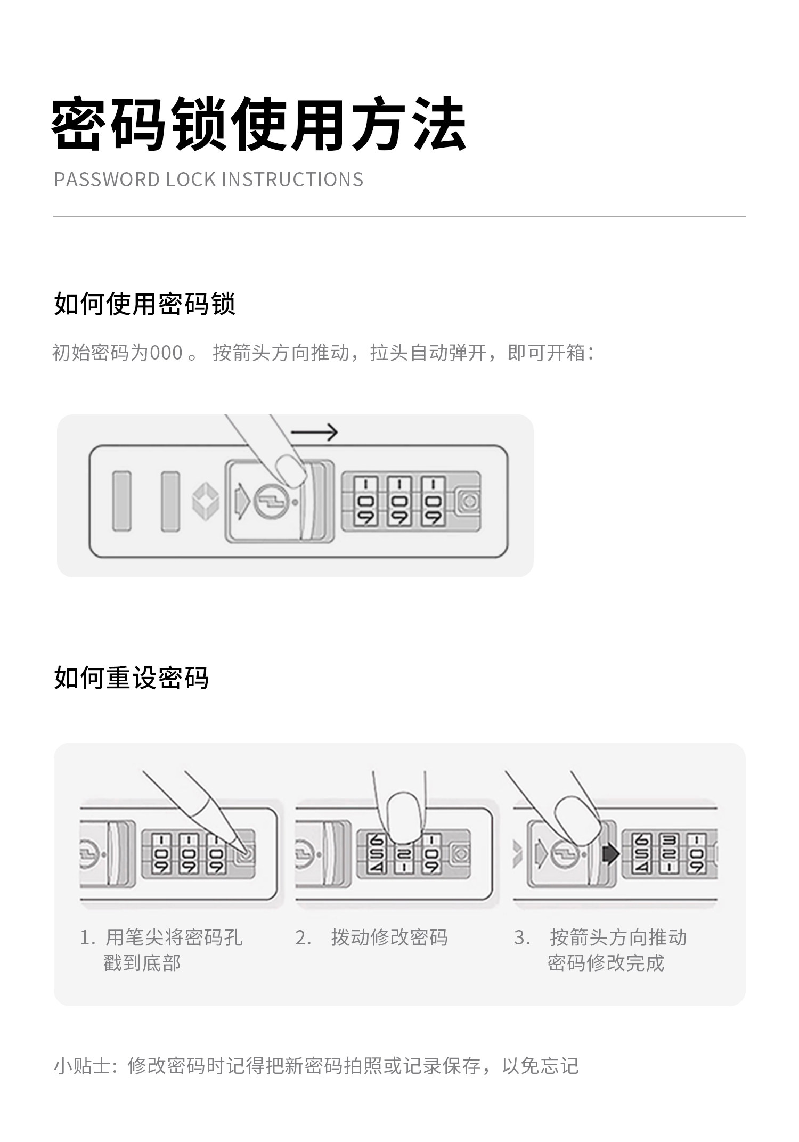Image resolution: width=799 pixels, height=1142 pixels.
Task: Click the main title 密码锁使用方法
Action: pos(259,124)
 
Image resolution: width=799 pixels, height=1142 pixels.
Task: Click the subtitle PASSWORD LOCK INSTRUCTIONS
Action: pos(208,180)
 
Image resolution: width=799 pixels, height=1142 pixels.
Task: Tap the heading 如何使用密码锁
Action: pos(144,304)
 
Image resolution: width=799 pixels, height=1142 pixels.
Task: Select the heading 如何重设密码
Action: pos(131,678)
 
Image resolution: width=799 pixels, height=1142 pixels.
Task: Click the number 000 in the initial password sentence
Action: pos(166,353)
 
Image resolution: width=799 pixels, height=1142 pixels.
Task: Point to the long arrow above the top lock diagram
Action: pos(314,432)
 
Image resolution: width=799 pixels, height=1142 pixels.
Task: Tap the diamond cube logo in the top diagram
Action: pos(206,502)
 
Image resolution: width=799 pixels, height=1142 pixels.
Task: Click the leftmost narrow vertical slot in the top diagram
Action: pos(121,501)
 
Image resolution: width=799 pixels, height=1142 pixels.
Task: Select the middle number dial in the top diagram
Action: pos(400,502)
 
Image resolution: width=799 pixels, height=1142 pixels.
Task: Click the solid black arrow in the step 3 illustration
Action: pos(610,854)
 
